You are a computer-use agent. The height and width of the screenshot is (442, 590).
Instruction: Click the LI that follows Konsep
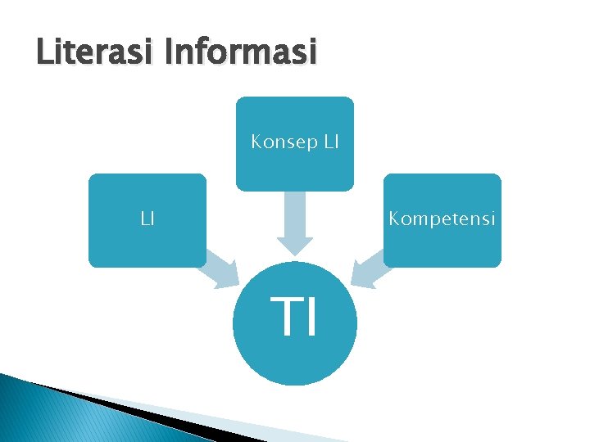click(x=329, y=142)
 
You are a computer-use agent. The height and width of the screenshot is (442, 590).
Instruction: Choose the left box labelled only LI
click(x=147, y=237)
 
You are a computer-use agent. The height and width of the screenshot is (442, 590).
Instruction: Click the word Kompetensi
click(x=442, y=219)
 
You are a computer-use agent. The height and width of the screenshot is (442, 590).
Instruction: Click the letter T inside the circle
click(x=286, y=318)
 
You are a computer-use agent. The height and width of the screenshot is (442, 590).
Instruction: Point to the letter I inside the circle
click(x=311, y=318)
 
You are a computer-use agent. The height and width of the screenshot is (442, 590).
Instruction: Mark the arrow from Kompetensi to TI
click(x=369, y=270)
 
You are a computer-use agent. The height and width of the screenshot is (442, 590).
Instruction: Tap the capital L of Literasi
click(x=43, y=53)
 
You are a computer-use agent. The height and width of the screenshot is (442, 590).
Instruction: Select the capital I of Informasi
click(x=169, y=53)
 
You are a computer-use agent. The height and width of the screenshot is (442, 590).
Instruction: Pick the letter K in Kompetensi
click(x=394, y=219)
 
